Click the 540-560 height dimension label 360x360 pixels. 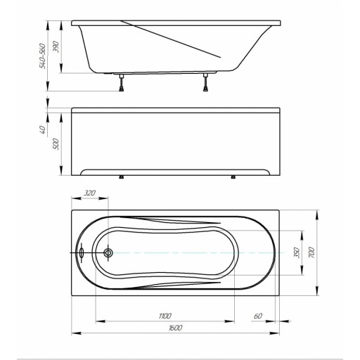tap(42, 56)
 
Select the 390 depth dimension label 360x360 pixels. tap(56, 46)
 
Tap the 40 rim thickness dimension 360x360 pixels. tap(42, 129)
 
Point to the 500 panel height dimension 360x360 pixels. tap(56, 144)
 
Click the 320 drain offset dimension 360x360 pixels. tap(90, 193)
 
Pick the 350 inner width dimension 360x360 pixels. tap(297, 252)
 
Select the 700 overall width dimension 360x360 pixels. tap(311, 252)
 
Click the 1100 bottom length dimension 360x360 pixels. tap(165, 316)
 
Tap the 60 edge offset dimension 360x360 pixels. tap(258, 316)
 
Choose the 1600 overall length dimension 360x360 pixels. tap(175, 328)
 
